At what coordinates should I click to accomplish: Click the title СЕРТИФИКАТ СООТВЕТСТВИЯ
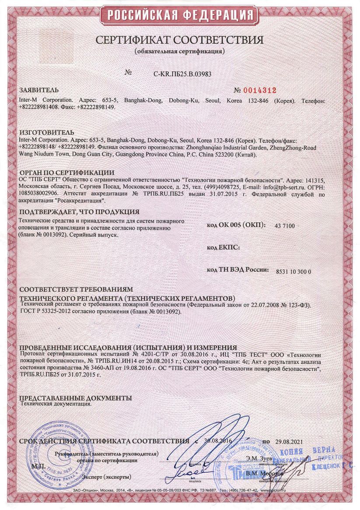coord(180,40)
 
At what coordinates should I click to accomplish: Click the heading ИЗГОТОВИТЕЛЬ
coord(47,132)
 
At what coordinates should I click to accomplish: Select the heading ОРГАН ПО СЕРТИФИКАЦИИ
coord(66,172)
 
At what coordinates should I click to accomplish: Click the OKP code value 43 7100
coord(285,226)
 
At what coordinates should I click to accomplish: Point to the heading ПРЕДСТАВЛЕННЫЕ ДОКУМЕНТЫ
coord(75,398)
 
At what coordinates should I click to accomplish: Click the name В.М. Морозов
coord(264,474)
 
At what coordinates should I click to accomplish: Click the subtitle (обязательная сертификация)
coord(180,51)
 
